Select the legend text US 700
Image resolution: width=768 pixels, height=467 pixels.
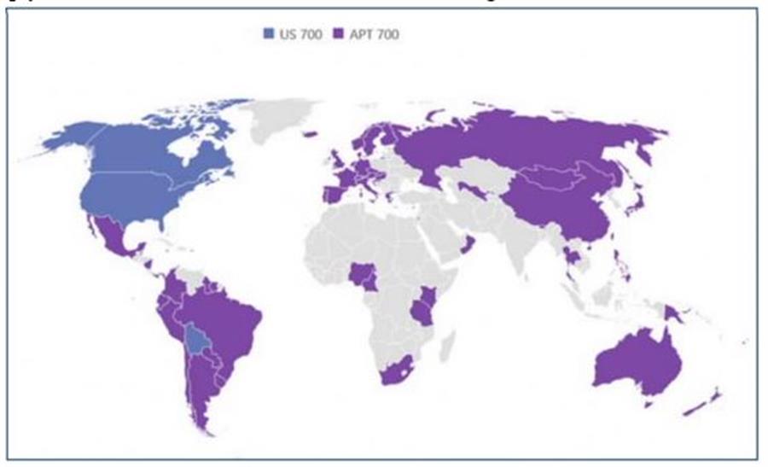300,34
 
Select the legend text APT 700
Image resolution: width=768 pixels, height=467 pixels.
373,34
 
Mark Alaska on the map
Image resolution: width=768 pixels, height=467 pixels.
73,137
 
